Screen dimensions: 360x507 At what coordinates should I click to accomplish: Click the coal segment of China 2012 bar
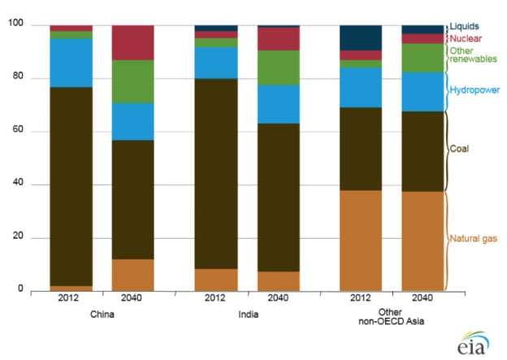point(71,186)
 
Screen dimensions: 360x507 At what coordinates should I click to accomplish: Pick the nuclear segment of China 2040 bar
point(132,42)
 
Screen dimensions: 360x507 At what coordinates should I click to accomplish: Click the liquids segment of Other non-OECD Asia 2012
point(360,37)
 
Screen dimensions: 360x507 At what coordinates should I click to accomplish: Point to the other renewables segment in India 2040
point(278,67)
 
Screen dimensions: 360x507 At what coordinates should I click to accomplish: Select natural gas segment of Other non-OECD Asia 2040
point(422,241)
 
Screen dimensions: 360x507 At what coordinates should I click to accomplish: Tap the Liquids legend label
point(466,26)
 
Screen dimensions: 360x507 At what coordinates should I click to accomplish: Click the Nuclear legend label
point(467,37)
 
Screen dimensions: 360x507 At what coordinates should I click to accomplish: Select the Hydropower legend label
point(475,89)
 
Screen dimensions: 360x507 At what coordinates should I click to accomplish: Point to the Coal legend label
point(461,149)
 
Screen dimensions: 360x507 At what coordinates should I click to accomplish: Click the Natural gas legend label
point(474,238)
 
